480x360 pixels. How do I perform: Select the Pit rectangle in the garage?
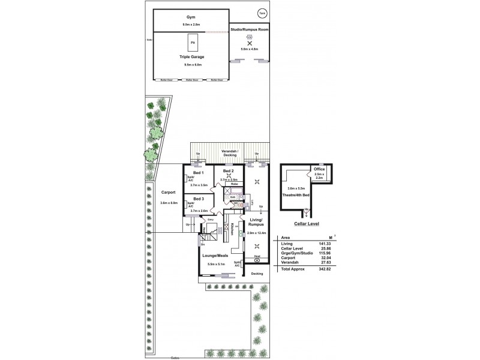[x=193, y=44]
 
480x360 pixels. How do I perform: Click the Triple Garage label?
[x=192, y=56]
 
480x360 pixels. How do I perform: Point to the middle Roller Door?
[x=192, y=80]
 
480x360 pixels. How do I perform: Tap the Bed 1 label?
[x=199, y=173]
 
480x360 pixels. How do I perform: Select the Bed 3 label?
[x=199, y=199]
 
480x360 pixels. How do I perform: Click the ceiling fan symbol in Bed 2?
[x=229, y=176]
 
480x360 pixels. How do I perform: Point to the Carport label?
[x=169, y=193]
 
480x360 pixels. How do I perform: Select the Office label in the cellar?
[x=319, y=170]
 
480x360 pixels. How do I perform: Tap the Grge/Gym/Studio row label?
[x=295, y=253]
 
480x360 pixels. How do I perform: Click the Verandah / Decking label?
[x=229, y=153]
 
